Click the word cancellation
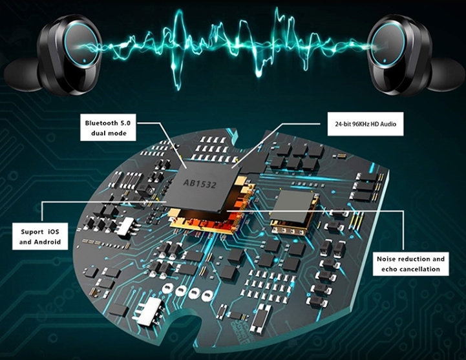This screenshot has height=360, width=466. (x=419, y=269)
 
